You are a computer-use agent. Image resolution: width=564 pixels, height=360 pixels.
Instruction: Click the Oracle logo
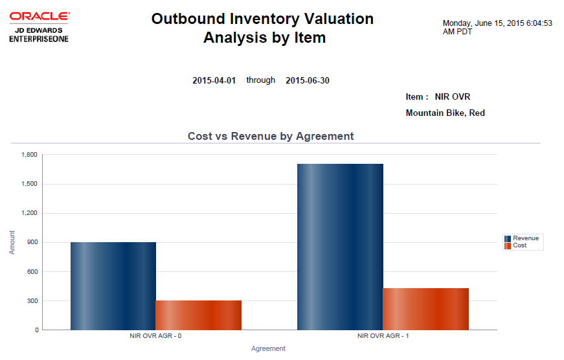(x=39, y=26)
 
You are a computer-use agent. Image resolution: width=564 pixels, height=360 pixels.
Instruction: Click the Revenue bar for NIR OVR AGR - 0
(x=113, y=286)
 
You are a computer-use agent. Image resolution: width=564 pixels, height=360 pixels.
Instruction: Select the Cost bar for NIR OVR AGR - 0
(x=199, y=315)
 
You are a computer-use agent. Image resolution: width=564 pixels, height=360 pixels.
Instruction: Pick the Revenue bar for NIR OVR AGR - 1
(x=340, y=247)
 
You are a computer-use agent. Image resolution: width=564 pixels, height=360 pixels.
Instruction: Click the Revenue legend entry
(x=525, y=238)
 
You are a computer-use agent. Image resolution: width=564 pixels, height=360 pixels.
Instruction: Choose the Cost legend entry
(x=519, y=245)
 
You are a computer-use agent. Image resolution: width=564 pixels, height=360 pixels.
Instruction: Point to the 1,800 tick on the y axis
(x=30, y=155)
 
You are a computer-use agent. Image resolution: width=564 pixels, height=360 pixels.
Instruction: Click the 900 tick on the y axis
(x=33, y=242)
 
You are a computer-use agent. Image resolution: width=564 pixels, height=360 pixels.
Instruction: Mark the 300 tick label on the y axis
(x=33, y=301)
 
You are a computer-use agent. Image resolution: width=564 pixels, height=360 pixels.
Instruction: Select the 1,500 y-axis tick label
(x=30, y=184)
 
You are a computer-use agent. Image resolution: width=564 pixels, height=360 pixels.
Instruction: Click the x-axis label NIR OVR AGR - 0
(x=155, y=337)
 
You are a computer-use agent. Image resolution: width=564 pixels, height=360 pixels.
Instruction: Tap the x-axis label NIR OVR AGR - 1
(x=383, y=337)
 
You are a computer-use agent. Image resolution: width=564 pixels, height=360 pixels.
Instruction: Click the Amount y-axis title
(x=12, y=242)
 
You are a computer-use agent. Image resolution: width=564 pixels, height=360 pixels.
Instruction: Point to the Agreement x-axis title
(x=268, y=348)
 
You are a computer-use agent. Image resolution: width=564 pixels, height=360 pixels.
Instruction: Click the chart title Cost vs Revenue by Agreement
(x=271, y=136)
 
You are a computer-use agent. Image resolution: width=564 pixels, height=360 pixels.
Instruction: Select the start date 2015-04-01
(x=214, y=80)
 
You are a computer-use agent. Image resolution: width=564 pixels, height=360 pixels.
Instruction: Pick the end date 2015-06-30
(x=307, y=80)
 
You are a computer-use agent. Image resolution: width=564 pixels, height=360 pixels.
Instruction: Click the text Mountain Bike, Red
(x=445, y=113)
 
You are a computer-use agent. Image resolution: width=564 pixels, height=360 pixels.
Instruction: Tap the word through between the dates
(x=260, y=80)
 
